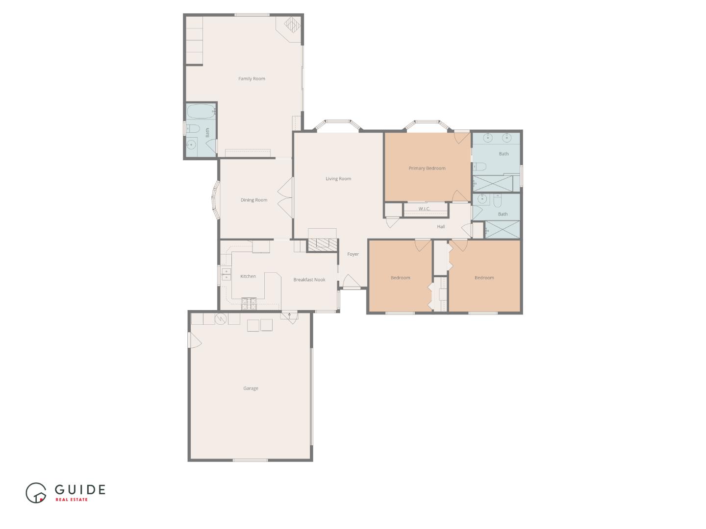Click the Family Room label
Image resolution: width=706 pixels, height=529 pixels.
coord(252,79)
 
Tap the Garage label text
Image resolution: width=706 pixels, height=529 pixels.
coord(251,388)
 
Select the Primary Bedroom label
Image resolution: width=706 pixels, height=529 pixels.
coord(427,168)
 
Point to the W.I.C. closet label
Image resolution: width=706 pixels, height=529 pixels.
coord(424,209)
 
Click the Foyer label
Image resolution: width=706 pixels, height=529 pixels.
coord(353,254)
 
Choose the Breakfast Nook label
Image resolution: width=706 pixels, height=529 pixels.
coord(309,280)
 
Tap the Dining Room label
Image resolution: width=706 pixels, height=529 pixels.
coord(254,200)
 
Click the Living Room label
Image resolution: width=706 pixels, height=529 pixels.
coord(338,179)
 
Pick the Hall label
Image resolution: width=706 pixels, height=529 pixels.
coord(441,227)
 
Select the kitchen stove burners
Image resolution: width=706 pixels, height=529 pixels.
coord(249,304)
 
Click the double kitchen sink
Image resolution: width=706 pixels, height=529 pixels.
coord(226,274)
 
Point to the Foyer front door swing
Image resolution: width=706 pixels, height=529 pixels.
coord(351,282)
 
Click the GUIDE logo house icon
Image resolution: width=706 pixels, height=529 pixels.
coord(36,493)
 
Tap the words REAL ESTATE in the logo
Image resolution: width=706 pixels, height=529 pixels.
coord(72,500)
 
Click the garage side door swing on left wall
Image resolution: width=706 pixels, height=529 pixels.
coord(195,340)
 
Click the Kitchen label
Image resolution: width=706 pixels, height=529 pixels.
coord(248,276)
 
